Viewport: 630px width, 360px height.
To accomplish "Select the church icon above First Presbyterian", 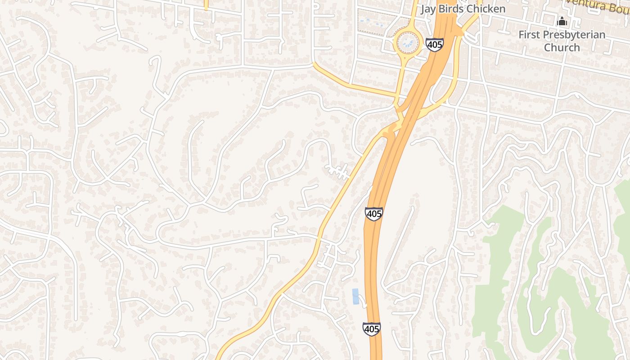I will pos(562,21).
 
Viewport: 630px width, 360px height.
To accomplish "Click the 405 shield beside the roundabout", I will pos(434,45).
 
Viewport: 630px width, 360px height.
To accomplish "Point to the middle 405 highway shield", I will pos(373,213).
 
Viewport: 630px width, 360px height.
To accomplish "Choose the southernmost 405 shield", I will pos(371,329).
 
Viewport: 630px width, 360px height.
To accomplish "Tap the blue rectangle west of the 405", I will pos(355,296).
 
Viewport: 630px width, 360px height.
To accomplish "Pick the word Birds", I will pos(450,9).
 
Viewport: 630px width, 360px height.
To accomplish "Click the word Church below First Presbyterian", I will pos(562,47).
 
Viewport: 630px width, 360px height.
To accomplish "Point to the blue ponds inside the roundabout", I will pos(408,43).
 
